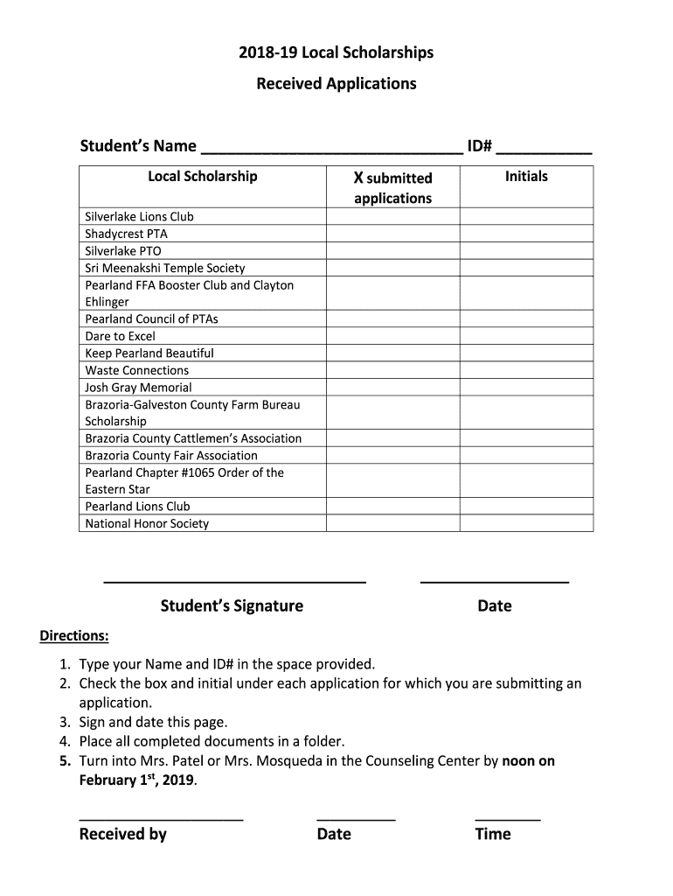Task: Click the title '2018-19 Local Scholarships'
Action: point(336,53)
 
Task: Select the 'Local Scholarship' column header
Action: point(203,177)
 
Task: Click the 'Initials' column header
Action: point(526,177)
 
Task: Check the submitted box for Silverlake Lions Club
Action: point(392,216)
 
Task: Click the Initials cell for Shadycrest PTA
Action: point(526,234)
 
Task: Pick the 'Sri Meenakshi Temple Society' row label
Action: point(165,268)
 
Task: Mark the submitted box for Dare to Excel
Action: point(392,336)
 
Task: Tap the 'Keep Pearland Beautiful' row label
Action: point(149,353)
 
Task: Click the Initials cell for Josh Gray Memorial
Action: point(526,388)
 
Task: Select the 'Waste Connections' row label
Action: point(136,370)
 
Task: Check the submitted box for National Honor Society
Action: point(392,523)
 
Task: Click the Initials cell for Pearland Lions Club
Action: point(526,507)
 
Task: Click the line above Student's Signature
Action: point(234,581)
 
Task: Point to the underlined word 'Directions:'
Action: point(74,635)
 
